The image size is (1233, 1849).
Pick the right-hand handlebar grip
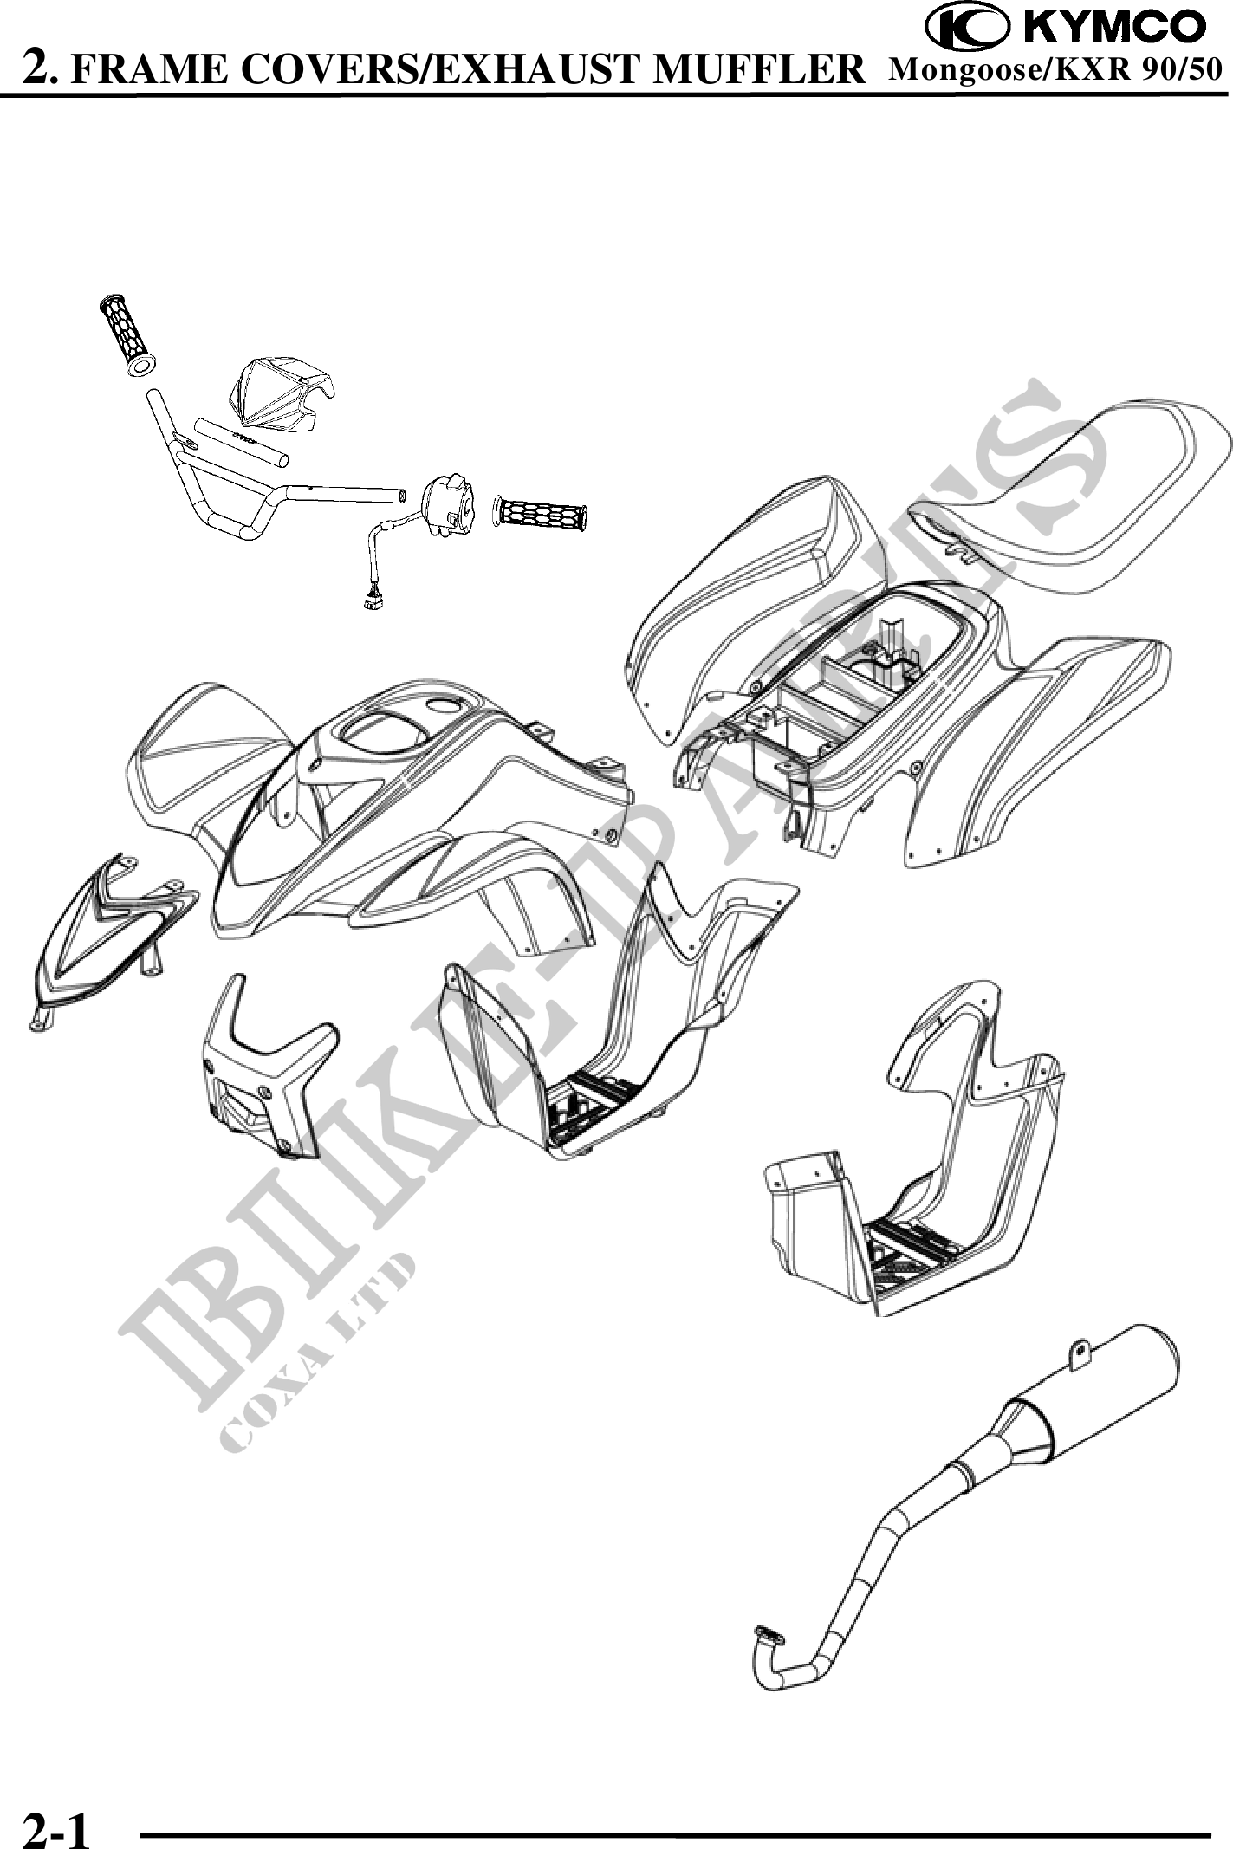coord(540,515)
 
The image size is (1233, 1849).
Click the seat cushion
coord(1074,503)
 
